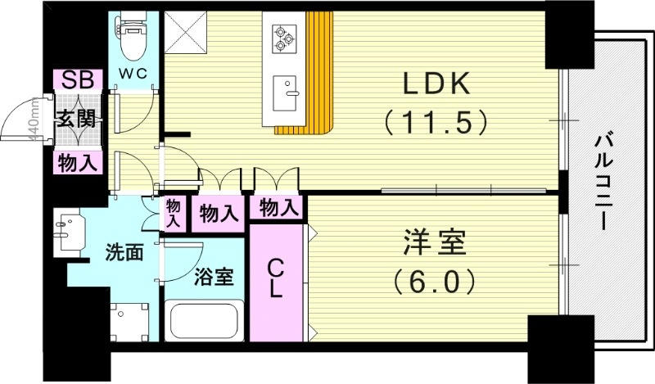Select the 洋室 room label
point(433,244)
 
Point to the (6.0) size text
point(433,282)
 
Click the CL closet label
point(277,278)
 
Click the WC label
point(133,74)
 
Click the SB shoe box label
point(78,79)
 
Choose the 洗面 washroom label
point(124,252)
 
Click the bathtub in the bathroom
point(204,321)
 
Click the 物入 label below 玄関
point(78,163)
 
